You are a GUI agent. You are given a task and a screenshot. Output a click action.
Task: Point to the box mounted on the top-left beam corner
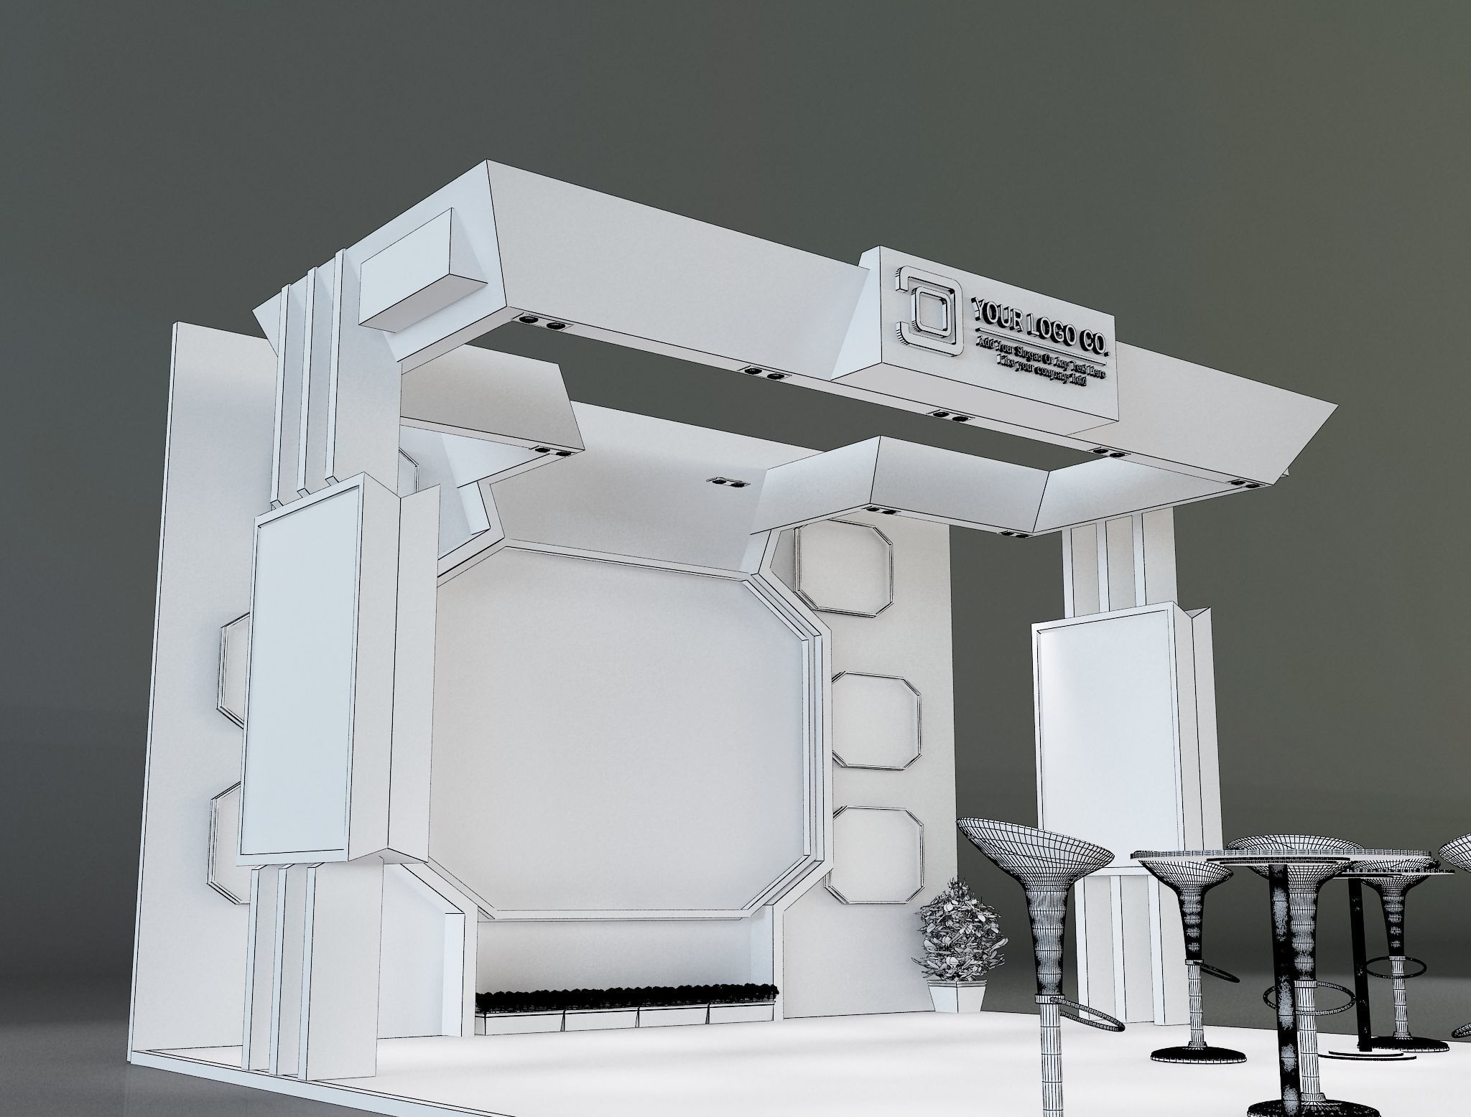pos(417,273)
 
